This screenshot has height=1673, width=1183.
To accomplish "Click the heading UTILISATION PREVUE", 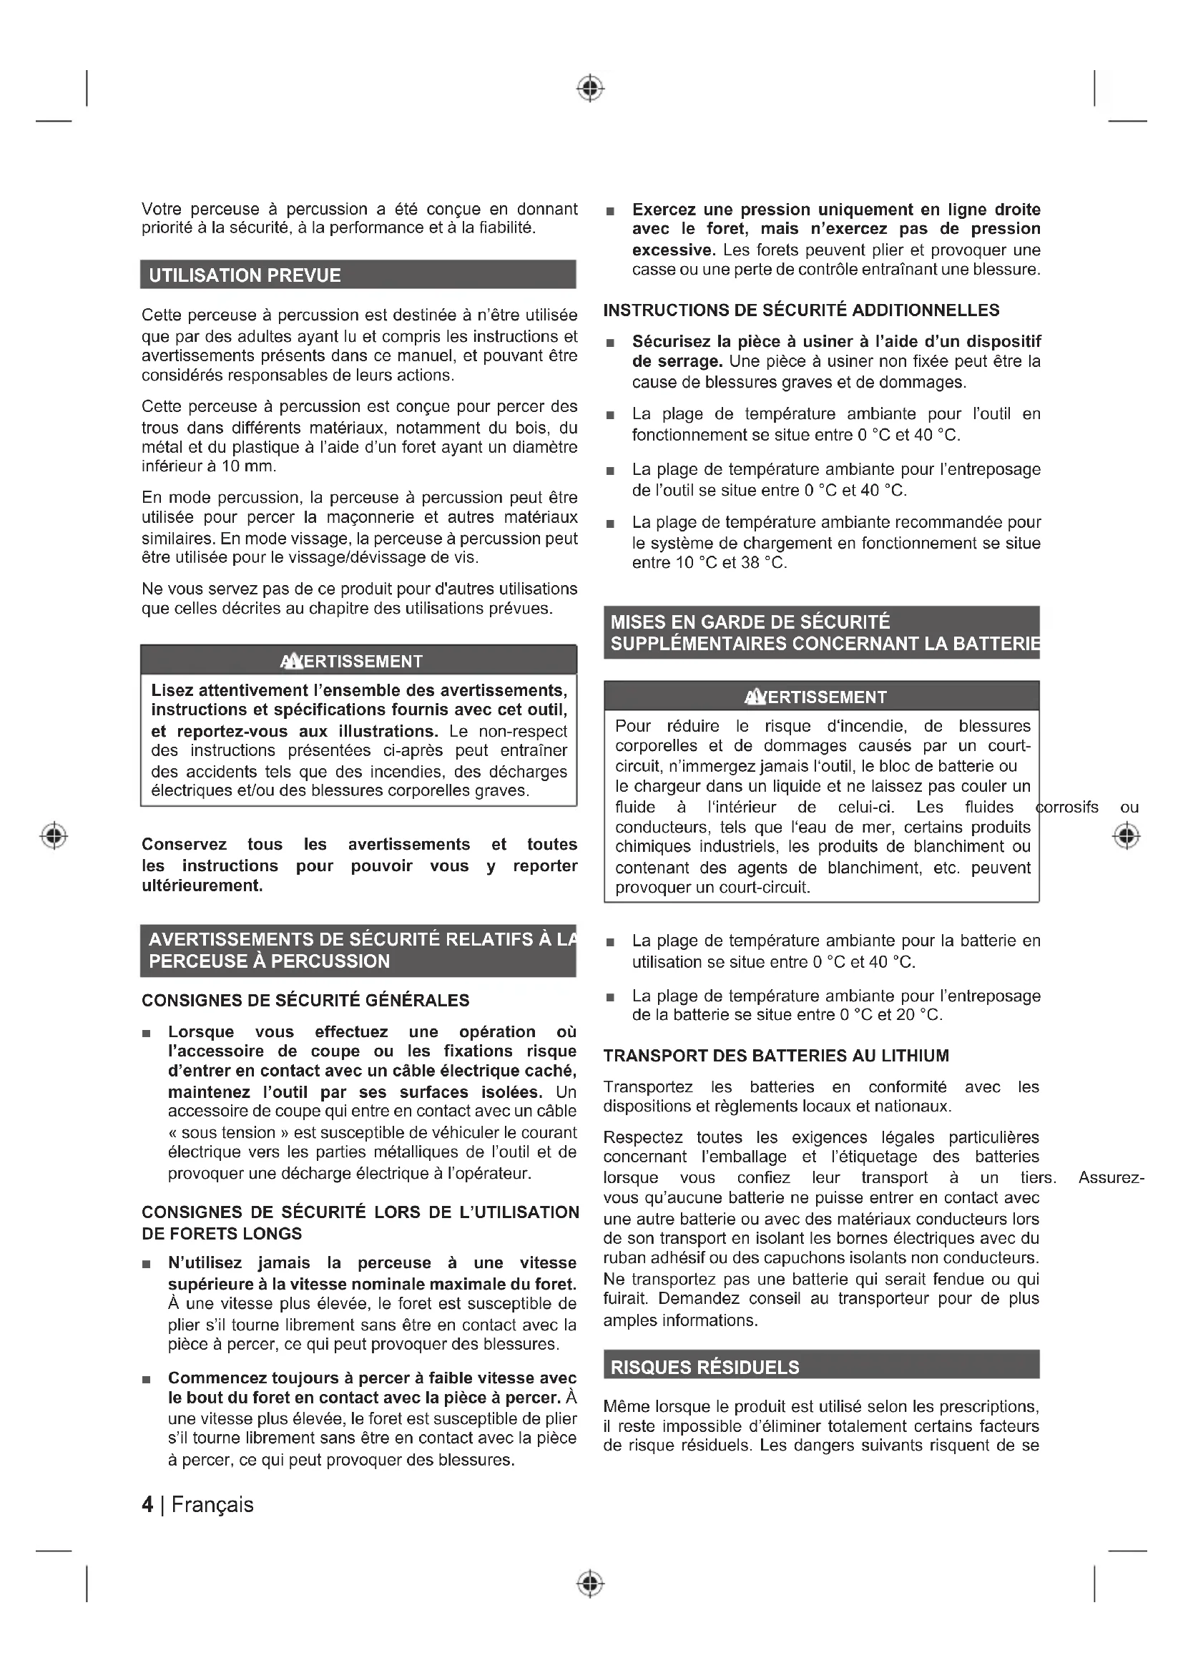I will (245, 275).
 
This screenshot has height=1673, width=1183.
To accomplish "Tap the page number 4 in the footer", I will (148, 1505).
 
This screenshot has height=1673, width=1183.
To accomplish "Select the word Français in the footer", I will (212, 1505).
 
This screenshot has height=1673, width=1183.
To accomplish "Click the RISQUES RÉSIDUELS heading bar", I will (705, 1367).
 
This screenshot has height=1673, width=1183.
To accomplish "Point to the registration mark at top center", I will (591, 88).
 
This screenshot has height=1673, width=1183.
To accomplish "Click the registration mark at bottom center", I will (591, 1584).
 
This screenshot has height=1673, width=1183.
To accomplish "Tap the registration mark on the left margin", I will (54, 835).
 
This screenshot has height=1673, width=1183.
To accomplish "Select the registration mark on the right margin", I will (1126, 835).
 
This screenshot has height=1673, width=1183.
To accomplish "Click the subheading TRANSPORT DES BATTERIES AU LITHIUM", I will (776, 1056).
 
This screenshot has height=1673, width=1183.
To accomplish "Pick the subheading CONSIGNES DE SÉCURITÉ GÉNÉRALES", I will (305, 1001).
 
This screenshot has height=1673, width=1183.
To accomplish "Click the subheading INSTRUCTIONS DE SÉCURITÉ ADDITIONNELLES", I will (801, 310).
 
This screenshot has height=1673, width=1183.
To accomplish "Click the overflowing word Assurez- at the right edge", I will (1111, 1178).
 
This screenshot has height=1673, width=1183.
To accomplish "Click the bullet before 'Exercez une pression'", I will (610, 211).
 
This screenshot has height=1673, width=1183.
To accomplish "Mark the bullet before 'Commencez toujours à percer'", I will (147, 1379).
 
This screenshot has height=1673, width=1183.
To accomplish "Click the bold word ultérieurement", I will (202, 886).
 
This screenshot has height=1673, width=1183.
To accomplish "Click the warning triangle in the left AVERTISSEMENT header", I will (291, 661).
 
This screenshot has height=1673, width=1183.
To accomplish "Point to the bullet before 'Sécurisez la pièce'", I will (610, 343).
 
